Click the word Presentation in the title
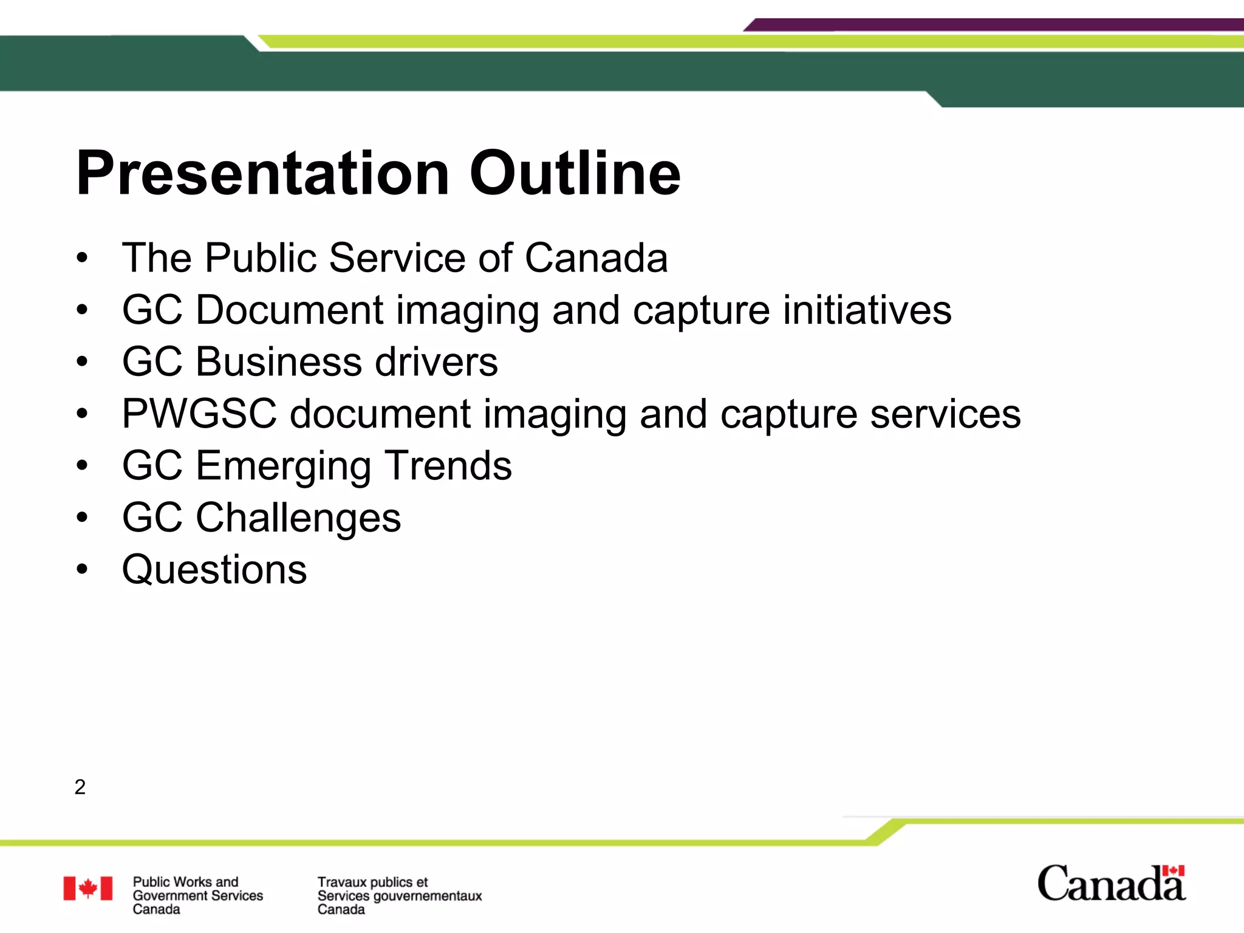coord(262,174)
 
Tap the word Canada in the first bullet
coord(595,258)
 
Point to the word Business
coord(279,363)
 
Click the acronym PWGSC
coord(199,414)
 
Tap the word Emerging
coord(283,466)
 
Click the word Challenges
coord(298,518)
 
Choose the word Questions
coord(214,570)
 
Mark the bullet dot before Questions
coord(82,570)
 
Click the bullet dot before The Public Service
coord(82,258)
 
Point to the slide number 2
coord(80,787)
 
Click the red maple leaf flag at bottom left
coord(88,888)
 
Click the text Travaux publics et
coord(372,882)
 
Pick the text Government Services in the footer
coord(197,895)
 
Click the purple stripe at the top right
coord(996,25)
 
